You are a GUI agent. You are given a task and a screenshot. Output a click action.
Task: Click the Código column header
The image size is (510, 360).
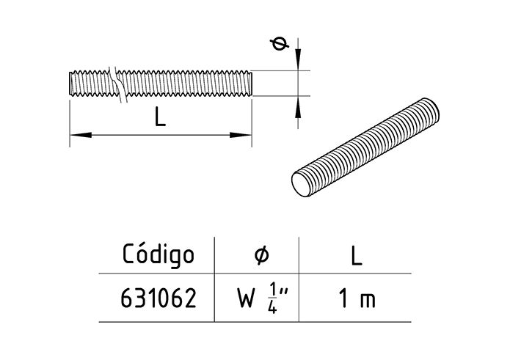pos(159,255)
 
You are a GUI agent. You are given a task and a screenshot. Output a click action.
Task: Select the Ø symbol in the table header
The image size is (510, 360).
pos(261,255)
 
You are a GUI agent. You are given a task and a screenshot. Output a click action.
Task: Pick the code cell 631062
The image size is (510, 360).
pos(159,299)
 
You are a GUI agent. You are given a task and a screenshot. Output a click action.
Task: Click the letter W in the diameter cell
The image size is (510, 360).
pos(245,300)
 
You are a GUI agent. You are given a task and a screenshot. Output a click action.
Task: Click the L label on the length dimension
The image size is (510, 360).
pos(160,117)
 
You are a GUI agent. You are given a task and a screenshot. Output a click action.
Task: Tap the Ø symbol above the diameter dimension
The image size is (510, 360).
pos(278,45)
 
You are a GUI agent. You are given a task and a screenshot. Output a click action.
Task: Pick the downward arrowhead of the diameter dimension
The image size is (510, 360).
pos(299,63)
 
